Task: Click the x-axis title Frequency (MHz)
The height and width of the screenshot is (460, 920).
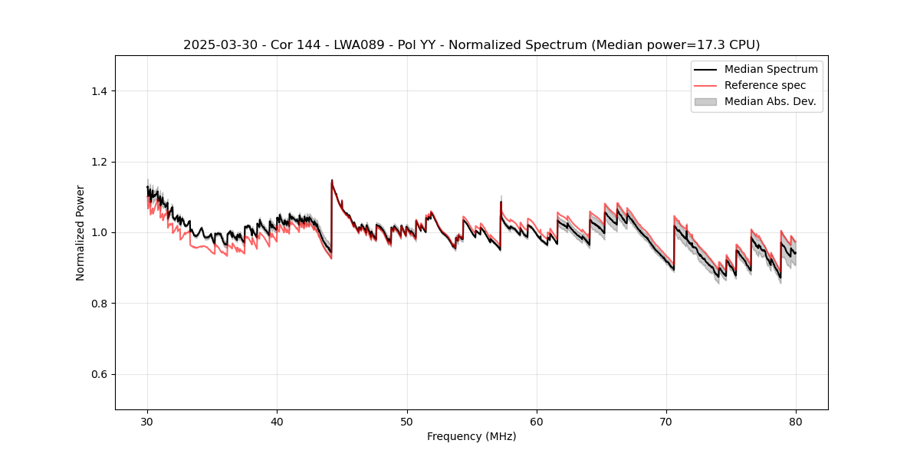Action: [472, 436]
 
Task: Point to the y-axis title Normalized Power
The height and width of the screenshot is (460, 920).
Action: [80, 232]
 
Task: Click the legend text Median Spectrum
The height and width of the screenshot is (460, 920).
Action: [770, 70]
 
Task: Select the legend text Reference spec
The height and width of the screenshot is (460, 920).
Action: [764, 85]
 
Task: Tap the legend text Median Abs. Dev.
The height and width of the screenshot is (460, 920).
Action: [770, 101]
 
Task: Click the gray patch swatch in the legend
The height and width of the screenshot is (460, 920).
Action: [705, 101]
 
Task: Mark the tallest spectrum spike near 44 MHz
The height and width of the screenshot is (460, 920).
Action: [332, 181]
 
